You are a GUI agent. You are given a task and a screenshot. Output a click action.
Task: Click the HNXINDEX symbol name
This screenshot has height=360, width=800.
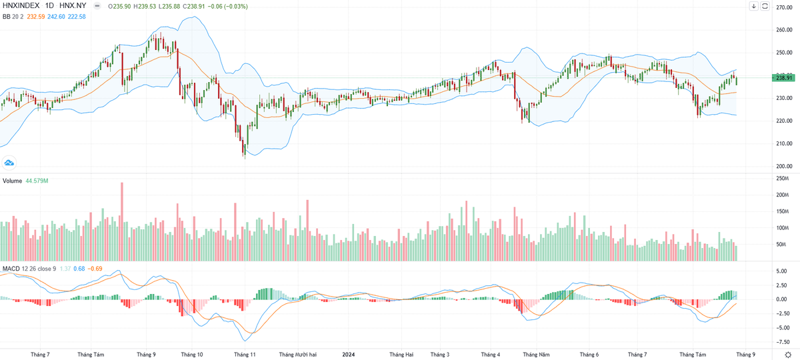(20, 6)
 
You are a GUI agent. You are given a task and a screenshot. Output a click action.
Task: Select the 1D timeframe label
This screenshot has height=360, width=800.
(50, 6)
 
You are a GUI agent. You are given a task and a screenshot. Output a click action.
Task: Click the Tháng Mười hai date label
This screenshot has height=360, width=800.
(297, 355)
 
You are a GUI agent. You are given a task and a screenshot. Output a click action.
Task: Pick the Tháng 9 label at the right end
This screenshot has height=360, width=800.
(745, 355)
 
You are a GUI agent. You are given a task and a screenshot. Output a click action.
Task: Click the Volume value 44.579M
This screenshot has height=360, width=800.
(37, 181)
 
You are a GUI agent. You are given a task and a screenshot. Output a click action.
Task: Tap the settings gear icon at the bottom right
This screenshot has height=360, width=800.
(789, 355)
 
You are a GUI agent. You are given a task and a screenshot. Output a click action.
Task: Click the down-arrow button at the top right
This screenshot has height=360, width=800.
(754, 6)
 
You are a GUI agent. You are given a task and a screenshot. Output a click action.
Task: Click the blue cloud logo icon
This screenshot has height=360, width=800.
(10, 162)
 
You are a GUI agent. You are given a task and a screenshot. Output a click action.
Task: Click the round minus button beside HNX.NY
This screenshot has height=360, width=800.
(98, 6)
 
